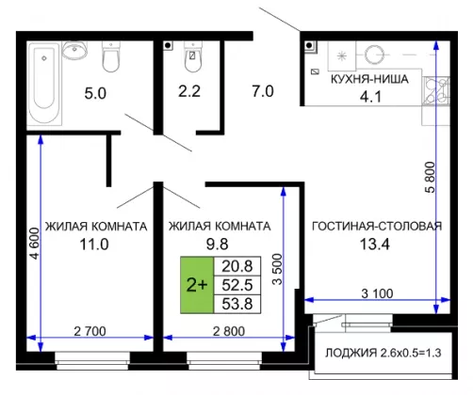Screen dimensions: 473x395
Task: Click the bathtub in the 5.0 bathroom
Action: click(44, 84)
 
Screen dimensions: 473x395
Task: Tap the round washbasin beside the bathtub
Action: click(74, 50)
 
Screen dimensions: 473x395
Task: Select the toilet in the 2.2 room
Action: click(192, 57)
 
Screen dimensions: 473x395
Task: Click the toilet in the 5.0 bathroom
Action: click(111, 57)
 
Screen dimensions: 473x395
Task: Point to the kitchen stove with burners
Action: click(436, 91)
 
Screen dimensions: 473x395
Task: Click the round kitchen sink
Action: click(374, 55)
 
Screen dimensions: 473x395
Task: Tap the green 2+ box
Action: click(197, 285)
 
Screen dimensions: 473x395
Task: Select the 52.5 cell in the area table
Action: click(237, 285)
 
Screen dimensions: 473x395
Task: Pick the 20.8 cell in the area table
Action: click(237, 266)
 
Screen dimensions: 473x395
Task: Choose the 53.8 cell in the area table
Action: click(237, 304)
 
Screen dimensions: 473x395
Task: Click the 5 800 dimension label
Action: click(430, 177)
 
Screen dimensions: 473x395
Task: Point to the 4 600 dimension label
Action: click(34, 244)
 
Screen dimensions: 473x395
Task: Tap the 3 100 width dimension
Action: click(377, 293)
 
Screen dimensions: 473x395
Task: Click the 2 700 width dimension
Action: click(90, 331)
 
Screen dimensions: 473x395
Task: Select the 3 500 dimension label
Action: click(277, 269)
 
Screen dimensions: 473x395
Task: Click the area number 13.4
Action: click(375, 245)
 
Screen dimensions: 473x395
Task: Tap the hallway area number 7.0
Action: click(263, 91)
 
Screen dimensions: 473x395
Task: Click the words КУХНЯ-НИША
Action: click(369, 79)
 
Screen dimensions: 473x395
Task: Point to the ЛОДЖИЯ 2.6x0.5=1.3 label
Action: click(383, 353)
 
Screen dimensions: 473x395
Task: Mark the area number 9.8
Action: click(217, 245)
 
